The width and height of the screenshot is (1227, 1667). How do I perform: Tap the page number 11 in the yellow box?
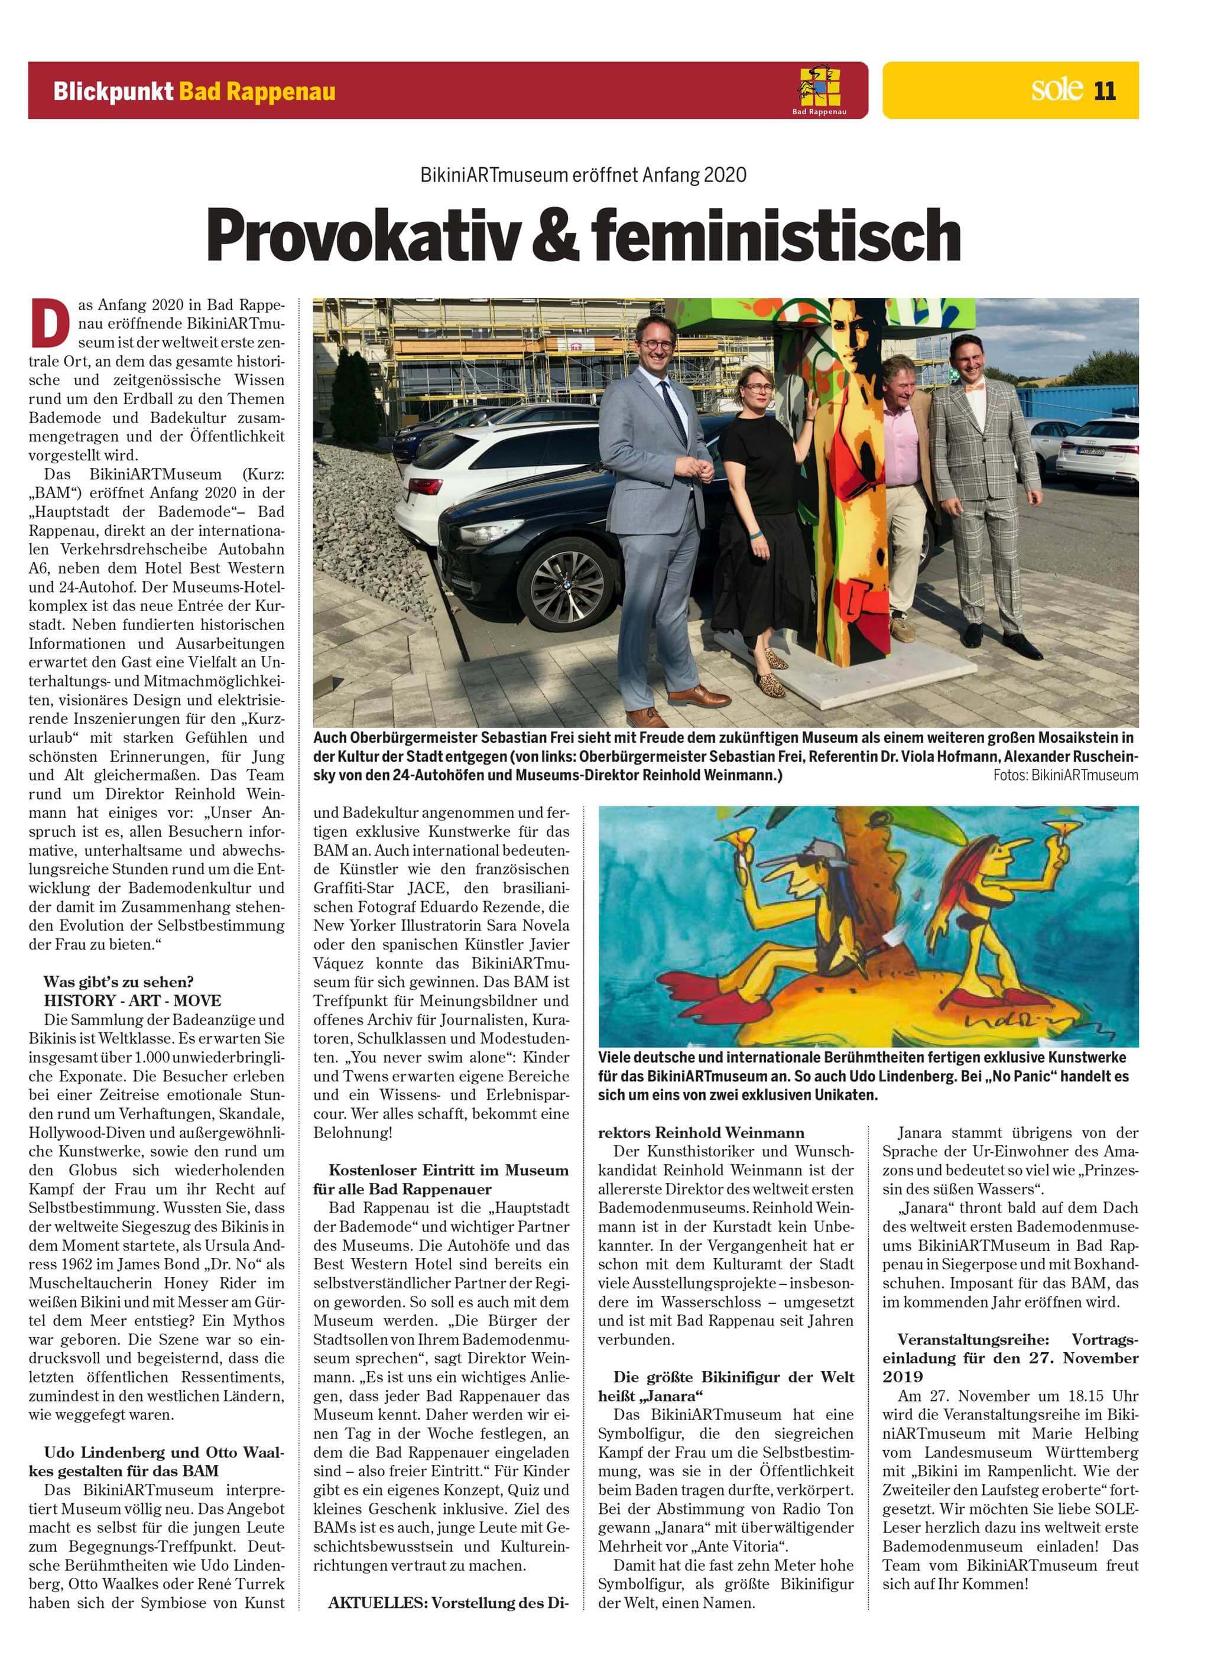1105,90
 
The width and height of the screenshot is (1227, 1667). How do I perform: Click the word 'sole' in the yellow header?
1057,89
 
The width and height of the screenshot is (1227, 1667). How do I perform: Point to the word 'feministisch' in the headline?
775,235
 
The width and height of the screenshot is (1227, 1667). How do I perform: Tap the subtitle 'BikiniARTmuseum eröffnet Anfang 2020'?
583,176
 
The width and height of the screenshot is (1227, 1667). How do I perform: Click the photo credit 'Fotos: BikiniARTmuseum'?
1064,775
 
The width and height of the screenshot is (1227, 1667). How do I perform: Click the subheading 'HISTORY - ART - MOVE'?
132,1000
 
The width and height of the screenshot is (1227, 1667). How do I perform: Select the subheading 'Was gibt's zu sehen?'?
119,982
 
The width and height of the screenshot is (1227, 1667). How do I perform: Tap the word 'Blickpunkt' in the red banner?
113,92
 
